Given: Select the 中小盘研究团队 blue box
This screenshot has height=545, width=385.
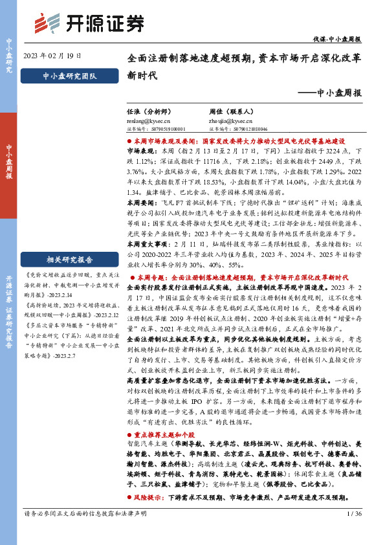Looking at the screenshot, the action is click(68, 76).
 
